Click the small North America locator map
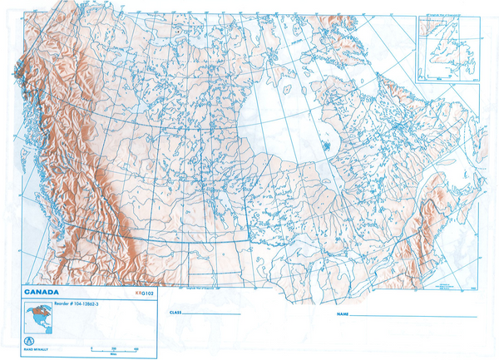38,317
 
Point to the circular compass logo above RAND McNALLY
30,340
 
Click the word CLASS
175,313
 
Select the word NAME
342,315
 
